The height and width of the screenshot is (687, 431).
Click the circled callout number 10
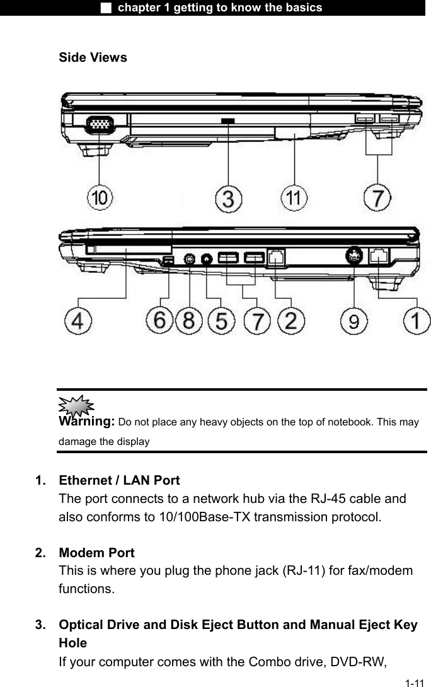101,199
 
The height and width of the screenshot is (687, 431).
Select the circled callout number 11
294,199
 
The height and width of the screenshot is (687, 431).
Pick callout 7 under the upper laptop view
377,199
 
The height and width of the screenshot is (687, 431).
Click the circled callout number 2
291,321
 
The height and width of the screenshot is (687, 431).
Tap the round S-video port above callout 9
355,257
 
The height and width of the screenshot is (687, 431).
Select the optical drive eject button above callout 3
228,120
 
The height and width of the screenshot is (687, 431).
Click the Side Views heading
93,57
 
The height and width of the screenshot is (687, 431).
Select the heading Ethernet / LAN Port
119,480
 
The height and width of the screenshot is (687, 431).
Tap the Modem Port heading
96,553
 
